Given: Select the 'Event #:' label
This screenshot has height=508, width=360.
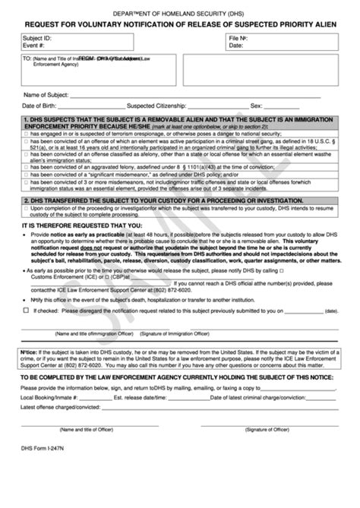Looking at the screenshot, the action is (34, 46).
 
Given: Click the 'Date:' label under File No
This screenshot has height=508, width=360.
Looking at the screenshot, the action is (236, 46).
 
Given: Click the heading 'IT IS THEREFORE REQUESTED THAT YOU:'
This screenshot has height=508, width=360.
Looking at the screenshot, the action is (81, 226).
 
